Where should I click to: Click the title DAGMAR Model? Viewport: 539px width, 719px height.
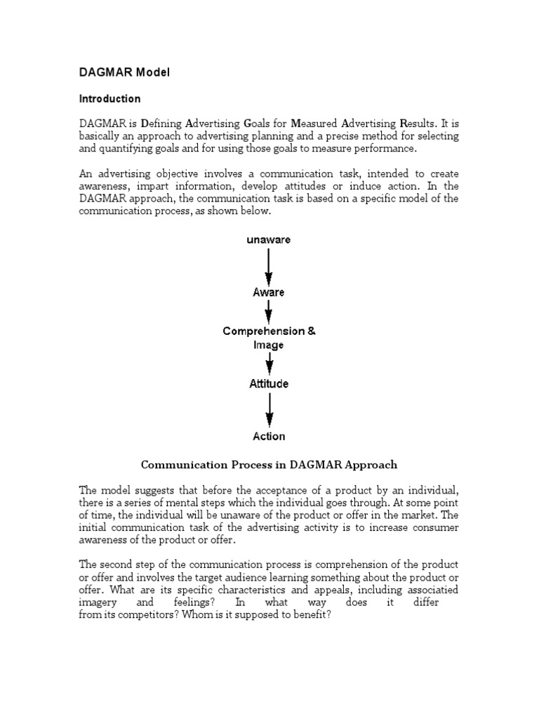click(124, 72)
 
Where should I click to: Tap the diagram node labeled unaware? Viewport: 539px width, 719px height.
click(268, 239)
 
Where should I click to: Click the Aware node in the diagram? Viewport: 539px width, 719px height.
click(269, 292)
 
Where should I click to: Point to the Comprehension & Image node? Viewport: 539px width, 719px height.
click(269, 338)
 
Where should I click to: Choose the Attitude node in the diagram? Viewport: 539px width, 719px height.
click(269, 384)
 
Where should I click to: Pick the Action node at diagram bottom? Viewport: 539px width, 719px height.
click(269, 436)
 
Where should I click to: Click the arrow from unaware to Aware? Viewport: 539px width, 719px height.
click(269, 266)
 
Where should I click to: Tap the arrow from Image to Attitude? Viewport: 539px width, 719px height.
click(269, 364)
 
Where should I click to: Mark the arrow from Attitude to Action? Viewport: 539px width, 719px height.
click(269, 410)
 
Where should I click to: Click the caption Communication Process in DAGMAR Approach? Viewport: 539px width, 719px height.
click(269, 464)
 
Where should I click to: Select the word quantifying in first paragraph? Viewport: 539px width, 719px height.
click(130, 149)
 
